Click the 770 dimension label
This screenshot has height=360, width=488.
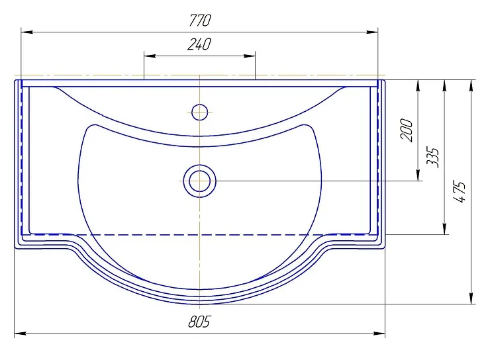tap(200, 21)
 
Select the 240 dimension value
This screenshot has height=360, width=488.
tap(199, 44)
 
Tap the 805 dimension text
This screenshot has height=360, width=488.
tap(199, 322)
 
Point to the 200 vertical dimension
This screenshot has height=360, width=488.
tap(407, 130)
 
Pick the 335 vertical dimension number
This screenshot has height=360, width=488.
tap(433, 157)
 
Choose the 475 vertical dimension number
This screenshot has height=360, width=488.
tap(460, 191)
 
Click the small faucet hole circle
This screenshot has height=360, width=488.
tap(199, 112)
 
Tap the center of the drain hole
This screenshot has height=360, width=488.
tap(199, 181)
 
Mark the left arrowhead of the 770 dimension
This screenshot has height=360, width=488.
tap(26, 32)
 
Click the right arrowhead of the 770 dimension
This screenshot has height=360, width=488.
tap(372, 32)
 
